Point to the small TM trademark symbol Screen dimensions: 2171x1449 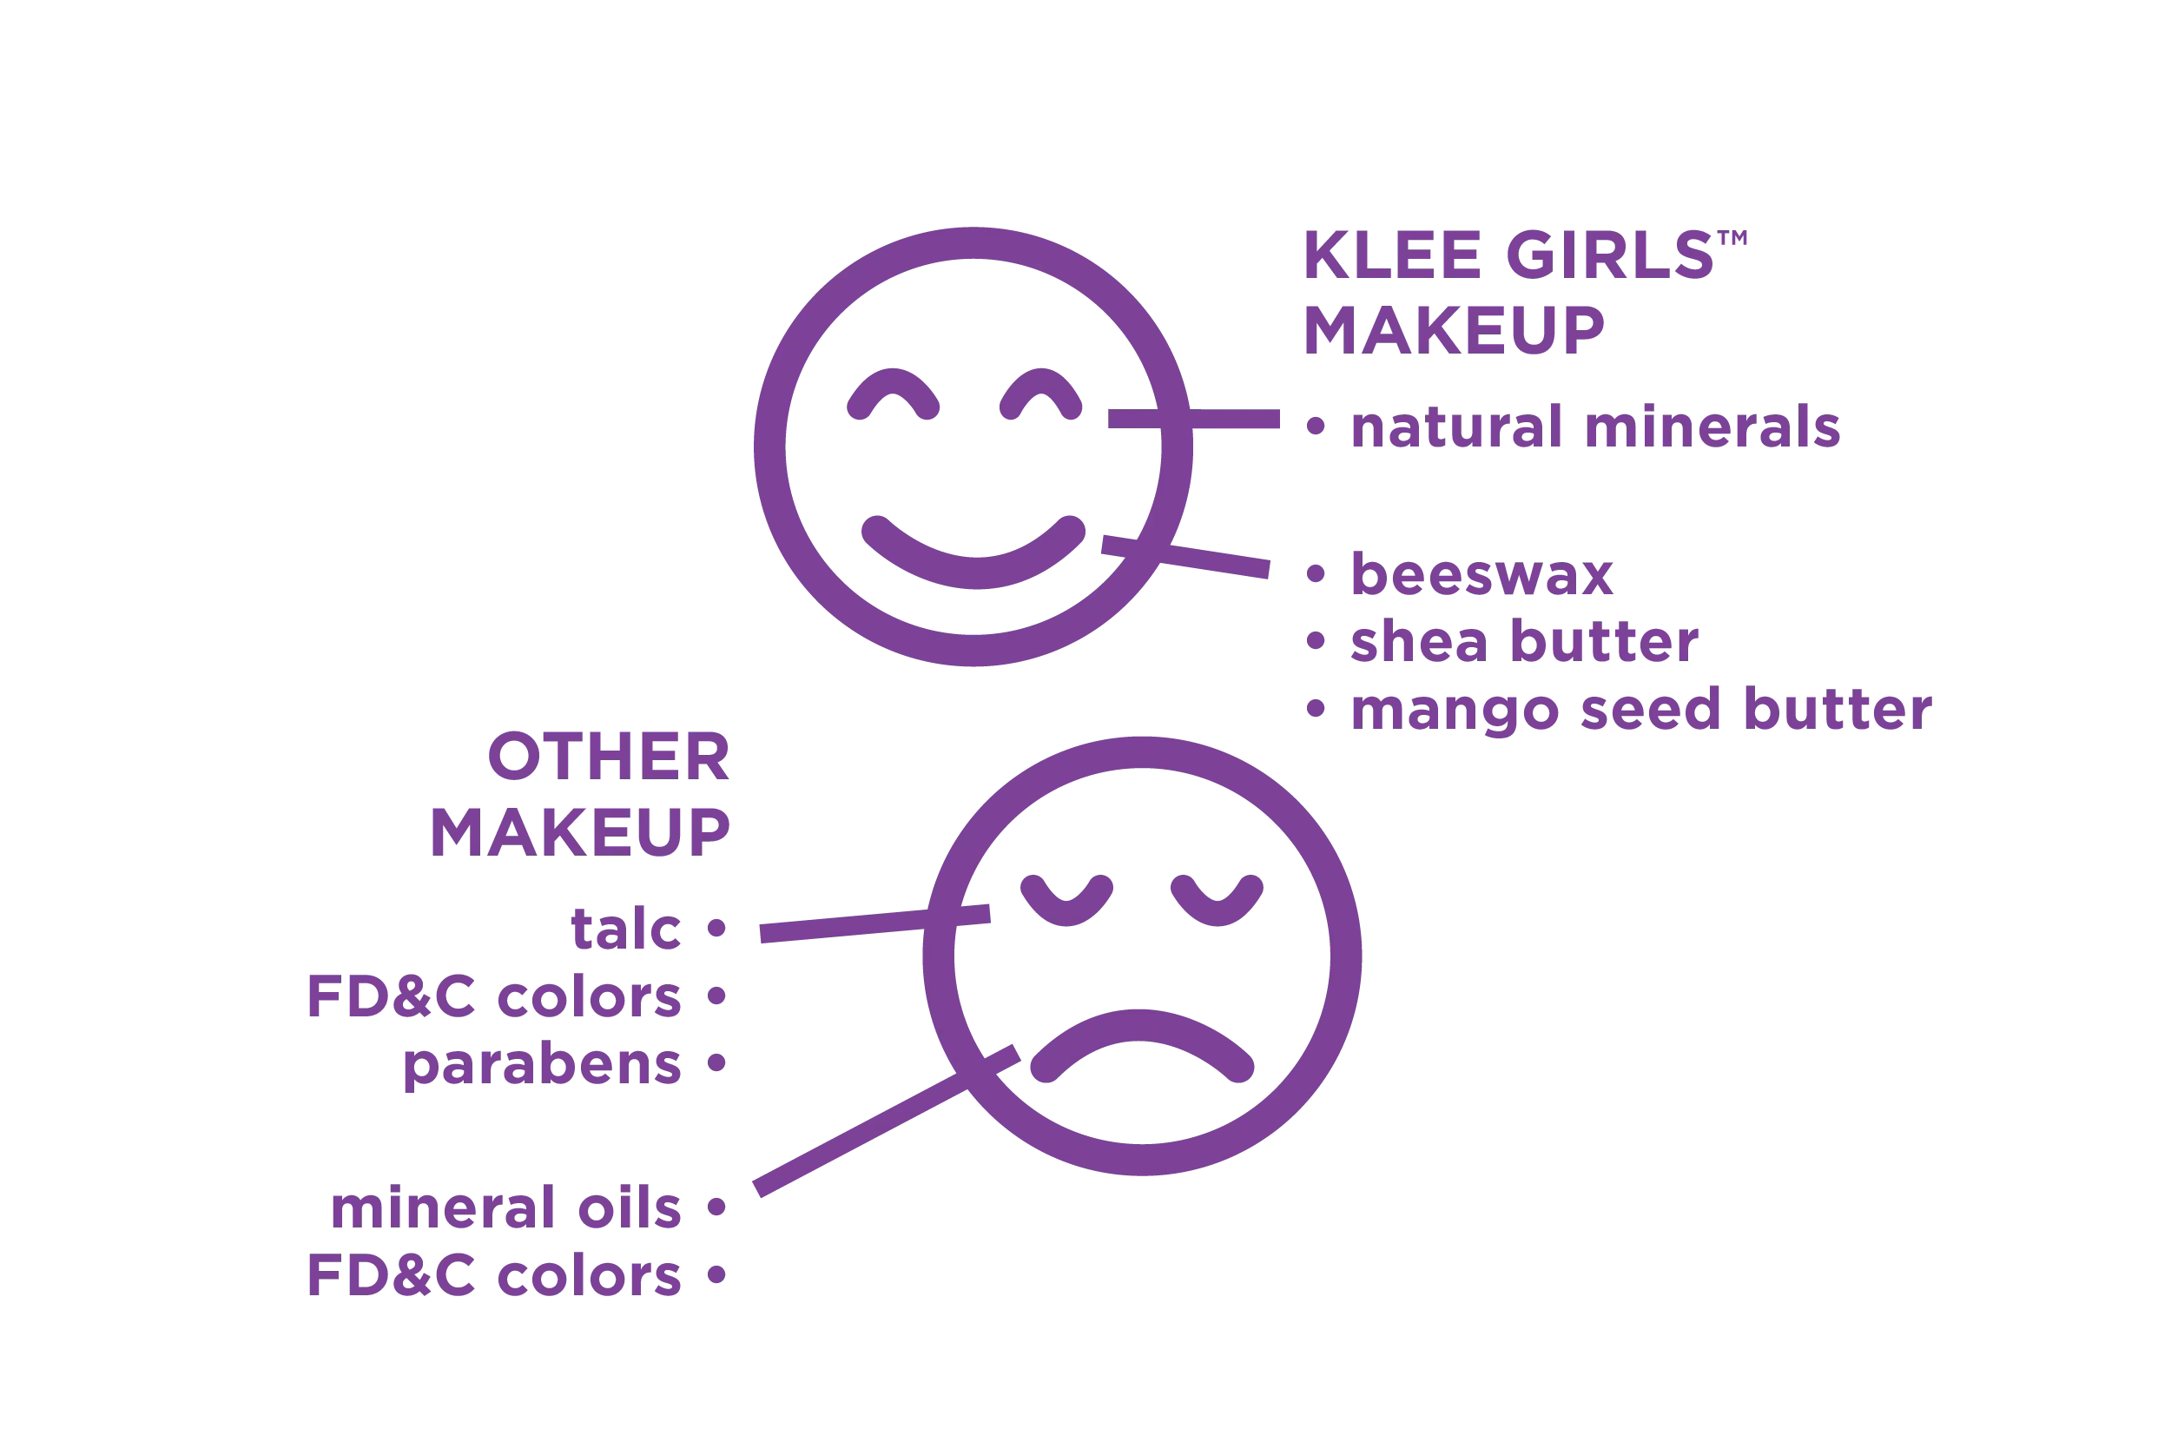tap(1733, 237)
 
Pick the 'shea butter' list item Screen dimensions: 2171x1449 tap(1524, 641)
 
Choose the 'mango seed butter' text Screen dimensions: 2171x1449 tap(1640, 711)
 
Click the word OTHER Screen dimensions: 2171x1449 tap(609, 757)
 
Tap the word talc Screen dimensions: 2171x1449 tap(625, 929)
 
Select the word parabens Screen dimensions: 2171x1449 tap(542, 1066)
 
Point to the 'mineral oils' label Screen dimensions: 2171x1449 tap(505, 1207)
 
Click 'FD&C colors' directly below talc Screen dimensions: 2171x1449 tap(494, 996)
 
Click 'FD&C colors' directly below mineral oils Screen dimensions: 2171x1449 tap(494, 1275)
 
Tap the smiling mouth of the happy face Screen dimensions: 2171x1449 tap(973, 552)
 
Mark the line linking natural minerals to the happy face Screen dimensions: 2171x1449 tap(1193, 419)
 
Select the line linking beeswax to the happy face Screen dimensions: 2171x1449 tap(1185, 557)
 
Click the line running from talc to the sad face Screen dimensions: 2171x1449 tap(874, 924)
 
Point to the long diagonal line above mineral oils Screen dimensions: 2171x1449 tap(887, 1121)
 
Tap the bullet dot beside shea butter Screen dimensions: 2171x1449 tap(1316, 641)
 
